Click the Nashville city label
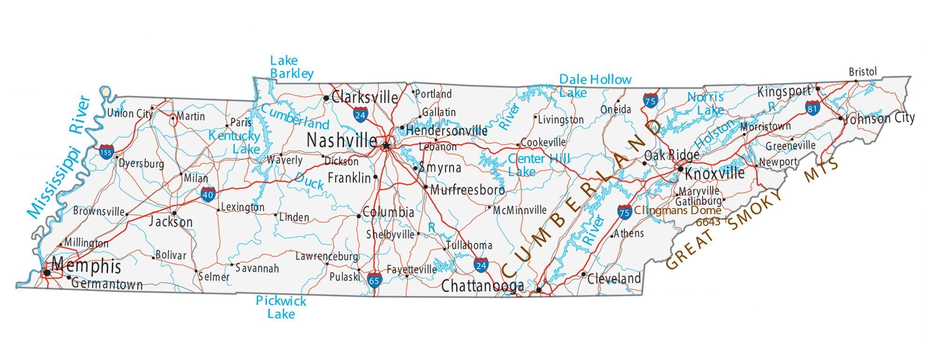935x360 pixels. click(x=341, y=140)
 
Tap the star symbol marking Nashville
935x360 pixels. click(x=386, y=146)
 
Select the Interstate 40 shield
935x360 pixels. click(x=208, y=194)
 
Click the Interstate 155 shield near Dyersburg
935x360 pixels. click(x=106, y=152)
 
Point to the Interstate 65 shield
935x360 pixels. click(x=374, y=280)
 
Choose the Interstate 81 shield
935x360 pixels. click(x=813, y=108)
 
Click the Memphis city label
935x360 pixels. click(x=86, y=266)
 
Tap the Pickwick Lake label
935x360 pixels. click(x=281, y=307)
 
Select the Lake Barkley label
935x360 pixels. click(x=291, y=67)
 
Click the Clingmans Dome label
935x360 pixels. click(x=677, y=210)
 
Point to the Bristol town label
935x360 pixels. click(x=863, y=72)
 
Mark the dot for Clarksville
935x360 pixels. click(x=326, y=98)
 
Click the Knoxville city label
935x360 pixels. click(x=715, y=173)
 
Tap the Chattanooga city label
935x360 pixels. click(x=482, y=286)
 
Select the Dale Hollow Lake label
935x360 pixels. click(x=595, y=86)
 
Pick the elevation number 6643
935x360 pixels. click(x=708, y=222)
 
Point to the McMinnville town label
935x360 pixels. click(x=519, y=210)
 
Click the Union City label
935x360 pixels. click(x=130, y=113)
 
